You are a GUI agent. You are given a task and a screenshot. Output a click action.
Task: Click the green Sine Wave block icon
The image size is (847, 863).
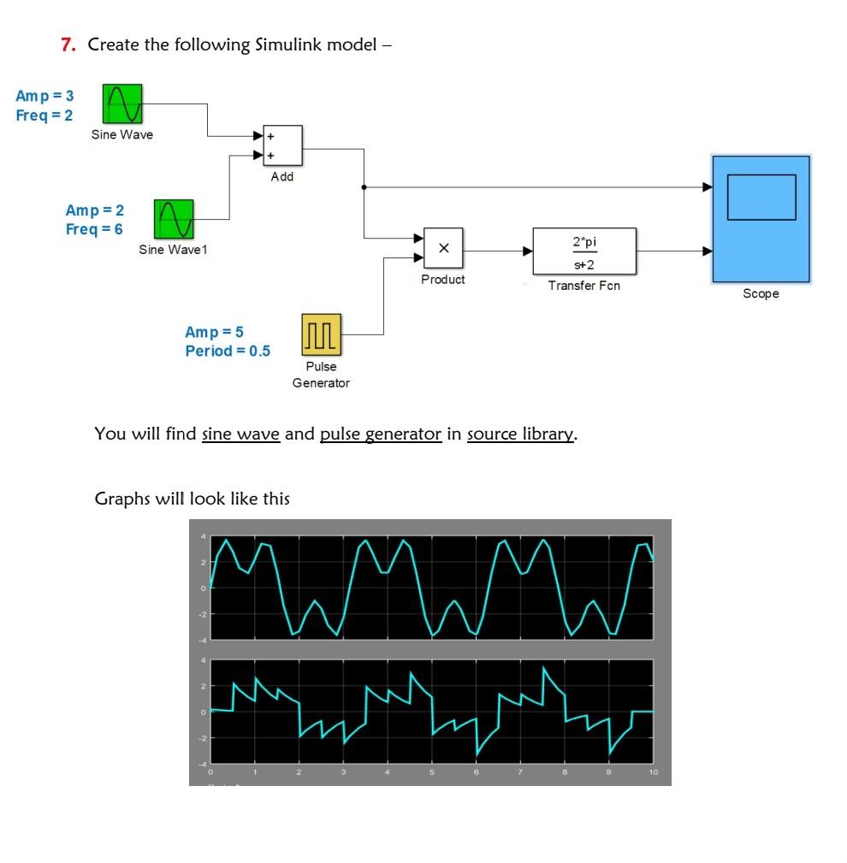pyautogui.click(x=122, y=103)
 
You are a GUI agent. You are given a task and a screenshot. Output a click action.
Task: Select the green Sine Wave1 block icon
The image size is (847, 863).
pyautogui.click(x=174, y=220)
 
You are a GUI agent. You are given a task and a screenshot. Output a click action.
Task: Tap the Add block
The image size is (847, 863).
pyautogui.click(x=281, y=145)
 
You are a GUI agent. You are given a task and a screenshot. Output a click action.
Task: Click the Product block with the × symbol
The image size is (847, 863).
pyautogui.click(x=443, y=249)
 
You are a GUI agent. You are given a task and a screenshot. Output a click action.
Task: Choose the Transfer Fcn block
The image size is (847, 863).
pyautogui.click(x=584, y=251)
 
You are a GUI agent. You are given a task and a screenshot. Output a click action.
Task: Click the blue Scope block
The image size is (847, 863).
pyautogui.click(x=761, y=219)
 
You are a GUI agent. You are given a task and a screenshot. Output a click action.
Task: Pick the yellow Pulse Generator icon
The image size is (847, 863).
pyautogui.click(x=321, y=334)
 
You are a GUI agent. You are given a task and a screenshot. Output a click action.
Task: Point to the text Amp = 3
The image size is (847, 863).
pyautogui.click(x=44, y=95)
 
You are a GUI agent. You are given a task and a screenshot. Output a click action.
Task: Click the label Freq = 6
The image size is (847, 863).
pyautogui.click(x=94, y=229)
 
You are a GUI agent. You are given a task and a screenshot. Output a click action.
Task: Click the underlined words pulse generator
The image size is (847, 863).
pyautogui.click(x=381, y=434)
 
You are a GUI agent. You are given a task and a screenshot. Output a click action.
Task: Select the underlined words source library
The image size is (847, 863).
pyautogui.click(x=520, y=434)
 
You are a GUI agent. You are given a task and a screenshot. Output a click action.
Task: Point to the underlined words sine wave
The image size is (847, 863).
pyautogui.click(x=240, y=434)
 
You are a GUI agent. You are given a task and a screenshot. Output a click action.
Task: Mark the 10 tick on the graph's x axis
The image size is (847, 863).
pyautogui.click(x=653, y=772)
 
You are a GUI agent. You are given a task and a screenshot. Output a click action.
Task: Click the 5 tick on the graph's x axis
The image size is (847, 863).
pyautogui.click(x=432, y=772)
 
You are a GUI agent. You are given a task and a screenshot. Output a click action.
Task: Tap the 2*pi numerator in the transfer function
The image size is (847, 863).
pyautogui.click(x=584, y=242)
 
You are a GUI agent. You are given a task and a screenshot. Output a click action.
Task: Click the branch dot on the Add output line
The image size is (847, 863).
pyautogui.click(x=364, y=186)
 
